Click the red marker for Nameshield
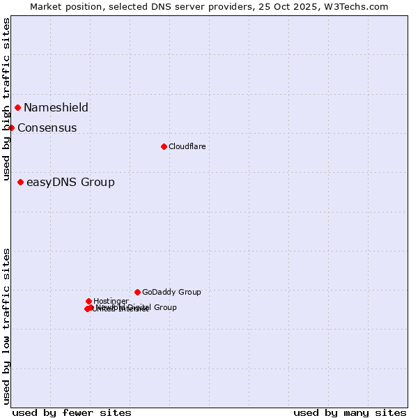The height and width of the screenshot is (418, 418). (17, 107)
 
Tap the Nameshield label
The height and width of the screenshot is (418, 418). (56, 107)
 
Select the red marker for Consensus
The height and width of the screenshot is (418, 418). (11, 127)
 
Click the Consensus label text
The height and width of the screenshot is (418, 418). (47, 127)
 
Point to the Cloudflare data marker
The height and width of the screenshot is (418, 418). (164, 146)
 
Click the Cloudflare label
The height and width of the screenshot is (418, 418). (187, 146)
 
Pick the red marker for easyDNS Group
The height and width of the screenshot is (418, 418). (20, 182)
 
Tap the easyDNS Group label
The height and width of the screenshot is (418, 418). (70, 183)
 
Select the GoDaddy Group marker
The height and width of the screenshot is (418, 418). (137, 292)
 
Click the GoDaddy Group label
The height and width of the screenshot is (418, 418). (171, 292)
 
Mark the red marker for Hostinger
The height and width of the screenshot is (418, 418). (88, 301)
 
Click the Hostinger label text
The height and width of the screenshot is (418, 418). (111, 301)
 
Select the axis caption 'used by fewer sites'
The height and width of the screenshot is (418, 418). (72, 412)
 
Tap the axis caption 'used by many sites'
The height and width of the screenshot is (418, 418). (350, 412)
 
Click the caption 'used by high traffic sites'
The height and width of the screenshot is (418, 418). (7, 100)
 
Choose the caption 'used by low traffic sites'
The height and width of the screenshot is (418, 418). (7, 325)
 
